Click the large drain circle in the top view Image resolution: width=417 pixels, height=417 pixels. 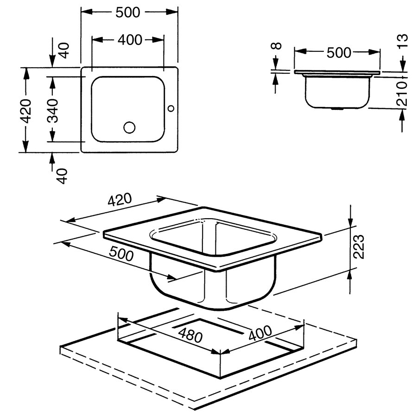(129, 127)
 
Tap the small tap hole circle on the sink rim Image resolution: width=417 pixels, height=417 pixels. (171, 108)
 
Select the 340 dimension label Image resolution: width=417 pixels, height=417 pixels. (52, 111)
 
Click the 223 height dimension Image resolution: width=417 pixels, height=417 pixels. (358, 246)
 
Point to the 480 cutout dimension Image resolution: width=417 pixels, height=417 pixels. (190, 335)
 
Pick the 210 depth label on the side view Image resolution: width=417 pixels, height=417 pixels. (402, 93)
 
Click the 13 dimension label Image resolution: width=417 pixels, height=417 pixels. (403, 41)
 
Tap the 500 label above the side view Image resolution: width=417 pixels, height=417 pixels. (339, 52)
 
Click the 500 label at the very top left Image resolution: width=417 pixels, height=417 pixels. (128, 12)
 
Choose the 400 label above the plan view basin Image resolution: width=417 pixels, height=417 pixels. (130, 40)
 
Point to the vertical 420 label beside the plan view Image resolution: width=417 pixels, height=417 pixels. (26, 111)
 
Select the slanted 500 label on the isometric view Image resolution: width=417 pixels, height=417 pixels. (121, 253)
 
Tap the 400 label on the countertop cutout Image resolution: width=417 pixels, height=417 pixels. (260, 333)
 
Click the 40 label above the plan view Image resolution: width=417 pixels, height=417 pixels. (64, 51)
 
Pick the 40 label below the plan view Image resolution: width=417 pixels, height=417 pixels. (63, 176)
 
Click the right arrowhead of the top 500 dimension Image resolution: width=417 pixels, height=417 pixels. (171, 12)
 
